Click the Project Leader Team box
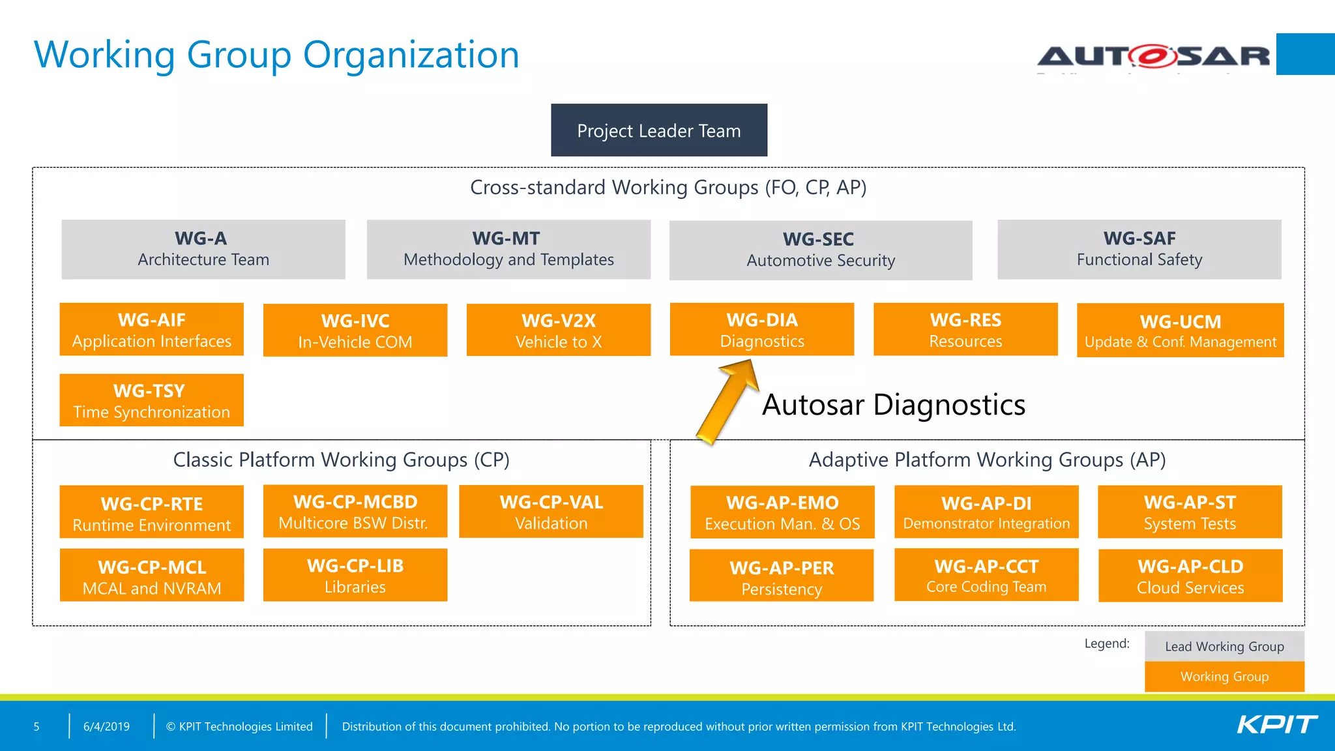(x=659, y=130)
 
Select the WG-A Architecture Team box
(x=203, y=250)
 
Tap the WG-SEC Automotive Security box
(x=821, y=250)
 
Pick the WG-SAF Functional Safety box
(x=1139, y=250)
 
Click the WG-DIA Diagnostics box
(x=762, y=330)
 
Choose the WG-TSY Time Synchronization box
(x=151, y=400)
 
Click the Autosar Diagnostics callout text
(x=894, y=405)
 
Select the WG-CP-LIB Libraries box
(x=355, y=575)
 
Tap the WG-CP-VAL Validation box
(x=551, y=512)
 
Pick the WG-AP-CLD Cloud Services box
(x=1190, y=576)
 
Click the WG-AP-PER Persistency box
(x=782, y=576)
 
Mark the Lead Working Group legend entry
(x=1224, y=647)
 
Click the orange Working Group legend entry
(x=1224, y=677)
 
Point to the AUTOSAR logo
(x=1154, y=56)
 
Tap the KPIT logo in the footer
(x=1277, y=725)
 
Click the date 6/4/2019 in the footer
(x=106, y=726)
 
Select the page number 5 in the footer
(x=37, y=726)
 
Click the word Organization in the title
(x=411, y=55)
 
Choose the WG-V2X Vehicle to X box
(x=559, y=331)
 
